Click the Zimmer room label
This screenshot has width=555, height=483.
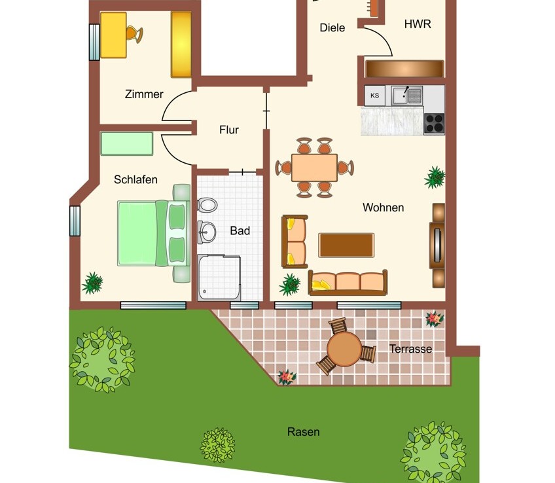click(144, 94)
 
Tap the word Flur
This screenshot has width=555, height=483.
click(229, 130)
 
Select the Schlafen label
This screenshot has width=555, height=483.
click(135, 180)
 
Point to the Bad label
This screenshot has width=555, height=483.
click(240, 231)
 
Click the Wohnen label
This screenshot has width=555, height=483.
click(384, 207)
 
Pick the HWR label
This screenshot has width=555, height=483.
click(418, 24)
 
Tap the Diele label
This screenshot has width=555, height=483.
click(332, 27)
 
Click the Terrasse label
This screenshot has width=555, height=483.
click(410, 349)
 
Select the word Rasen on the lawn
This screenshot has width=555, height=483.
click(303, 432)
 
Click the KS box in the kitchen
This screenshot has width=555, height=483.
click(375, 96)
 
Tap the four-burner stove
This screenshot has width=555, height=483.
click(435, 124)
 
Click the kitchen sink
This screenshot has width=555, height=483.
click(407, 95)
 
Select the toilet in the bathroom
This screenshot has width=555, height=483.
click(207, 205)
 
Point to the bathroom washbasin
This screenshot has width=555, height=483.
click(206, 232)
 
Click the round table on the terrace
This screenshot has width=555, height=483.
click(344, 349)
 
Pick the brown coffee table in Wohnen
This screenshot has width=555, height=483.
click(346, 245)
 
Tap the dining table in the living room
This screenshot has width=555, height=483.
click(314, 168)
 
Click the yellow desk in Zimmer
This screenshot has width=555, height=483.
click(113, 35)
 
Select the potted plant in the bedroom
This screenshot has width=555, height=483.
click(92, 283)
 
